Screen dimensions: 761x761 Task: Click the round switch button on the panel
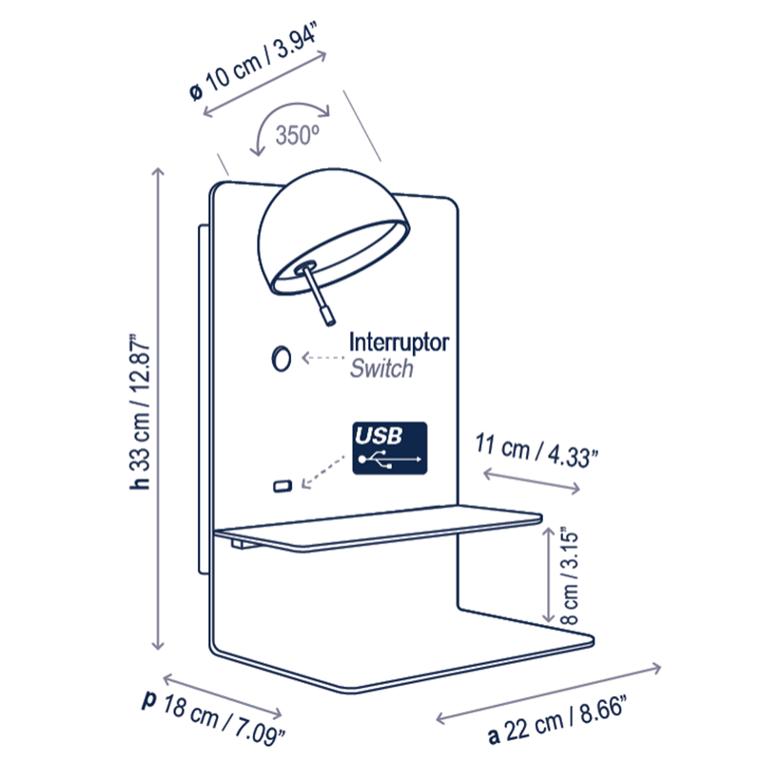point(281,359)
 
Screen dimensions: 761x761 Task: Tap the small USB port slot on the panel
point(283,485)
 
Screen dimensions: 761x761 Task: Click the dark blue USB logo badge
point(390,448)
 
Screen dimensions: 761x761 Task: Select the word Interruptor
point(399,342)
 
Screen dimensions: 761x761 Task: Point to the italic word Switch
point(381,368)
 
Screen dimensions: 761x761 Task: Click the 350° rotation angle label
point(298,135)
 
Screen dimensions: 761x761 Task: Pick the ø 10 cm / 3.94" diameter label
point(254,61)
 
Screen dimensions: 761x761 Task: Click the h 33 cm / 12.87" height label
point(140,412)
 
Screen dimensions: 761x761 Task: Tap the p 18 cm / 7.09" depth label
point(213,717)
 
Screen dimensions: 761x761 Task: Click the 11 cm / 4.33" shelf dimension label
point(536,451)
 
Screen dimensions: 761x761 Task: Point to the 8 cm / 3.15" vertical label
point(570,576)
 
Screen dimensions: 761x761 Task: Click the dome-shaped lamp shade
point(333,231)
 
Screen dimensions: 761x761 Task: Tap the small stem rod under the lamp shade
point(317,294)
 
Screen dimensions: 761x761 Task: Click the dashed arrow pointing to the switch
point(322,358)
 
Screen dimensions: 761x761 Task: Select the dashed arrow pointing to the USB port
point(322,472)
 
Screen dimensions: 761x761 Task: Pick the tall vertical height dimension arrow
point(158,409)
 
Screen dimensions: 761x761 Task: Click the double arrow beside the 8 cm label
point(548,576)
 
